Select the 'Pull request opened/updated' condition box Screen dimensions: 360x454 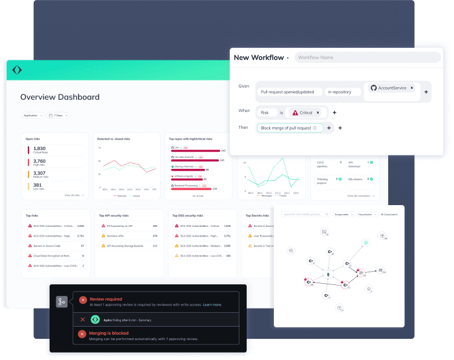point(288,92)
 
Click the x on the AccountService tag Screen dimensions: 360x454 point(412,88)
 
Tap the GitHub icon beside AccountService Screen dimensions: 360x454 point(374,88)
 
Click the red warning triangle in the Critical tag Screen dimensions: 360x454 point(295,113)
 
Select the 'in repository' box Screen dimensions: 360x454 point(342,92)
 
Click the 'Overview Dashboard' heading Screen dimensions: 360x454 point(60,97)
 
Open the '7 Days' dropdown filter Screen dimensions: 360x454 point(59,115)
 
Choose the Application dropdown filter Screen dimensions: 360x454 point(32,115)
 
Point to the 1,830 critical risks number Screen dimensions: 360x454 point(39,148)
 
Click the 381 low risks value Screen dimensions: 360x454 point(37,185)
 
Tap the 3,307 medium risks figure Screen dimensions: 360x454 point(39,173)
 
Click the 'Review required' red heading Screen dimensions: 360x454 point(106,299)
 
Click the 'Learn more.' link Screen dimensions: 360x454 point(212,305)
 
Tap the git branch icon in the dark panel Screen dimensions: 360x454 point(62,301)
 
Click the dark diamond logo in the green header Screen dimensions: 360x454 point(17,70)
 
